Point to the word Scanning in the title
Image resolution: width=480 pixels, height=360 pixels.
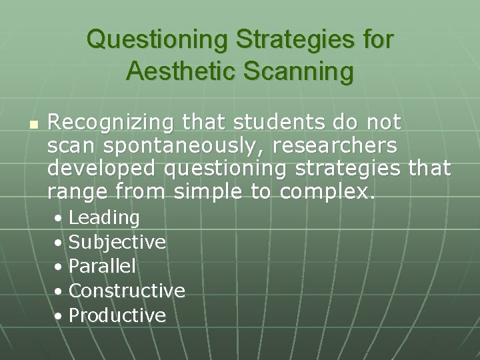click(298, 71)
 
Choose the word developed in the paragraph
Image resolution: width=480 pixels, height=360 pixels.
click(103, 169)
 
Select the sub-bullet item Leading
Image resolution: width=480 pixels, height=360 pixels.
click(104, 218)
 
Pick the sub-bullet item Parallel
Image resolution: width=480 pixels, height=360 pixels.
click(102, 267)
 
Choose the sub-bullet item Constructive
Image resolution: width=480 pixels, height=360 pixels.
click(127, 291)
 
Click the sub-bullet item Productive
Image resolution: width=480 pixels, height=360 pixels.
click(117, 315)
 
